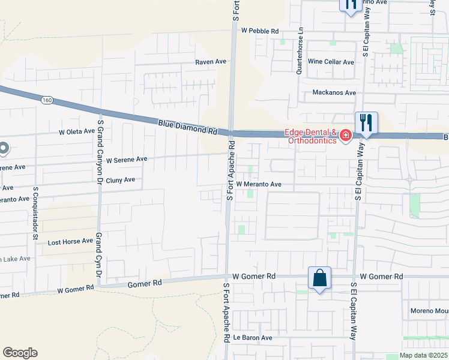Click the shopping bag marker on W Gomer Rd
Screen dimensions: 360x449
pyautogui.click(x=319, y=279)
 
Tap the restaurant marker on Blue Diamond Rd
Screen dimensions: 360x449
pyautogui.click(x=366, y=124)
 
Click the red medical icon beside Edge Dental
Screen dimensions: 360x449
pyautogui.click(x=345, y=136)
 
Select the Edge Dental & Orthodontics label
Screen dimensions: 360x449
pyautogui.click(x=312, y=137)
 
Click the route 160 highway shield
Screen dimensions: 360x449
pyautogui.click(x=47, y=100)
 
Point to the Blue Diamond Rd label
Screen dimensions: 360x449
pyautogui.click(x=187, y=127)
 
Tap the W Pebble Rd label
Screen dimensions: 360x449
pyautogui.click(x=260, y=30)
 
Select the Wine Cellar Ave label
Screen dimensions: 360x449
pyautogui.click(x=331, y=62)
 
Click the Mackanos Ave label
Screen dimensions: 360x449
pyautogui.click(x=334, y=93)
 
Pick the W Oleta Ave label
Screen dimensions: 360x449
pyautogui.click(x=77, y=131)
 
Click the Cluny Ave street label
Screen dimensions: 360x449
pyautogui.click(x=120, y=180)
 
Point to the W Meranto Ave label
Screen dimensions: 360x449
pyautogui.click(x=259, y=184)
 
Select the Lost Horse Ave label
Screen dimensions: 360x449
pyautogui.click(x=70, y=242)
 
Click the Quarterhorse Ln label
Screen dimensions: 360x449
pyautogui.click(x=300, y=51)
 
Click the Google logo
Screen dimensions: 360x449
pyautogui.click(x=20, y=353)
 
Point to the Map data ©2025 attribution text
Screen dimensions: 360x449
pyautogui.click(x=424, y=355)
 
